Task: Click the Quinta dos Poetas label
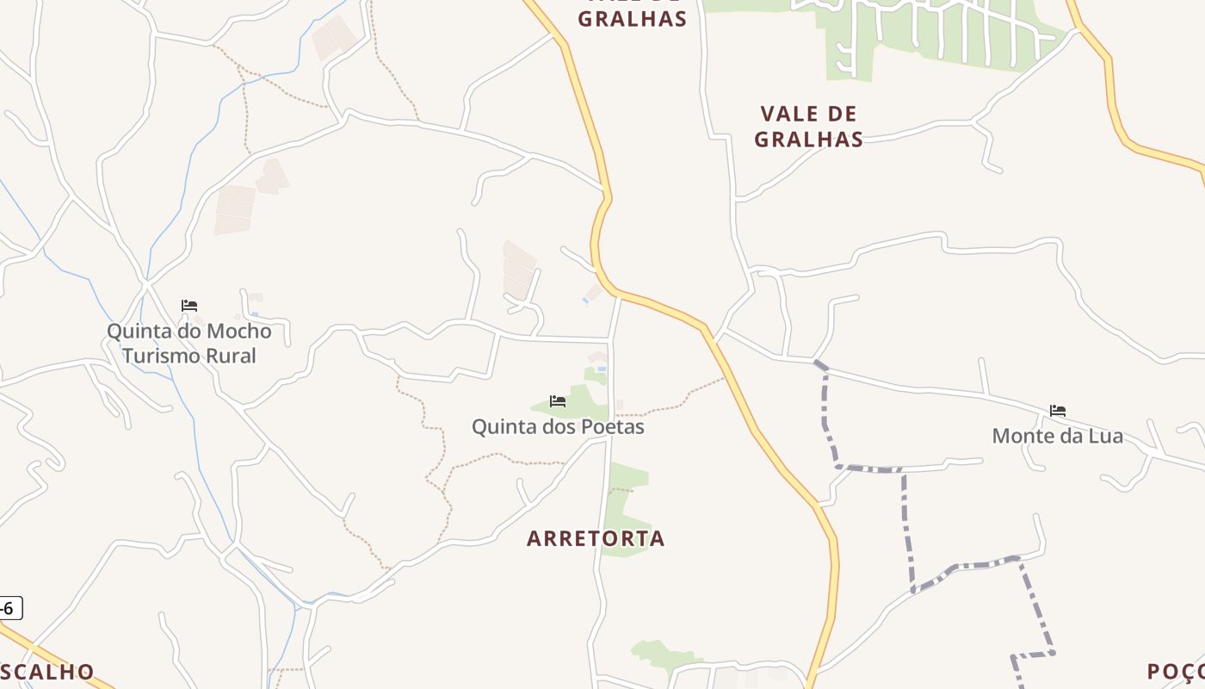(558, 426)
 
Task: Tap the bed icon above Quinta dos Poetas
(558, 401)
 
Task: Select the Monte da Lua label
(1057, 436)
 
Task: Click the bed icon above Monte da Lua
(1058, 411)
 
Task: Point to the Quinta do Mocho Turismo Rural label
(188, 344)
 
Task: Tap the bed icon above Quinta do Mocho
(189, 306)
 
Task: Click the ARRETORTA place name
(596, 539)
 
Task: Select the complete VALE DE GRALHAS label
(808, 127)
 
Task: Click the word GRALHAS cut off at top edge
(632, 17)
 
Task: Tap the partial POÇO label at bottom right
(1176, 672)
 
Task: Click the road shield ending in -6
(9, 608)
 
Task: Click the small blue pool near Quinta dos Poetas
(601, 369)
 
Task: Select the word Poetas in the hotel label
(613, 426)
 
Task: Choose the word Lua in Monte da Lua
(1104, 436)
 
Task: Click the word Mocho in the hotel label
(238, 332)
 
